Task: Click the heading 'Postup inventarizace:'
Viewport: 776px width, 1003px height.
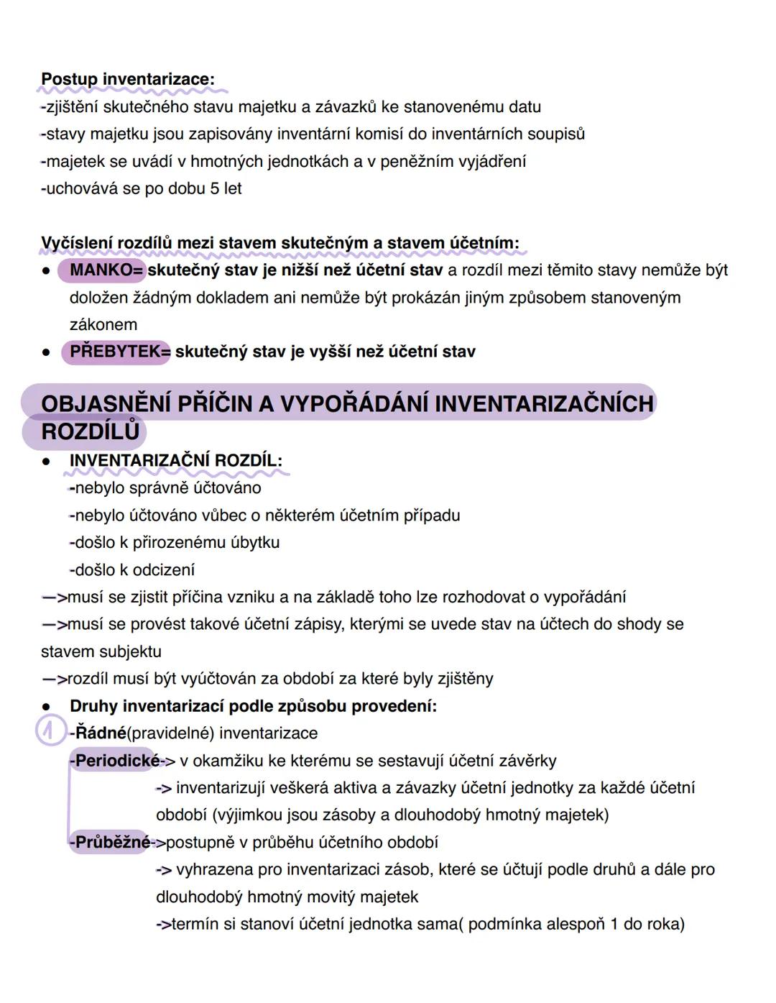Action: point(128,79)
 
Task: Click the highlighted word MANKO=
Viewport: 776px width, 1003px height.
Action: point(106,270)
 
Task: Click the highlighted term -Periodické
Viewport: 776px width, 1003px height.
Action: point(117,761)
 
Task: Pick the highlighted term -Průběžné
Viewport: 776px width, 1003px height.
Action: point(112,842)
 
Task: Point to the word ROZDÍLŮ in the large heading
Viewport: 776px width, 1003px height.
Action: point(90,431)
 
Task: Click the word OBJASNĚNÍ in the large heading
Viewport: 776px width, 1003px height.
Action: point(105,404)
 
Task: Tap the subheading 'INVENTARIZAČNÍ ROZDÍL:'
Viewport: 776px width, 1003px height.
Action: point(176,461)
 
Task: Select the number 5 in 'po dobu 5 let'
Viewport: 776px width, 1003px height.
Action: point(214,188)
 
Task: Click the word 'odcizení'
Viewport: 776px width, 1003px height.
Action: point(163,570)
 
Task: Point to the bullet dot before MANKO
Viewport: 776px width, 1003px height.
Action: point(46,271)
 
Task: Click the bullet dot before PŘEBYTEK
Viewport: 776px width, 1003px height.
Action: point(46,352)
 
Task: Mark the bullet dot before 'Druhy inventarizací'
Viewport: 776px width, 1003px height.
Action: point(46,707)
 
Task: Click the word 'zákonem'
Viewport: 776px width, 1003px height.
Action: point(103,324)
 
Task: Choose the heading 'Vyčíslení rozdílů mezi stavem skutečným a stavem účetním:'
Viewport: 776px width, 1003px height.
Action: point(280,243)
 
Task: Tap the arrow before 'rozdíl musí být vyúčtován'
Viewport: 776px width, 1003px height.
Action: point(54,679)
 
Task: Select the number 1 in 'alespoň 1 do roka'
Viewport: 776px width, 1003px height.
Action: point(614,924)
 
